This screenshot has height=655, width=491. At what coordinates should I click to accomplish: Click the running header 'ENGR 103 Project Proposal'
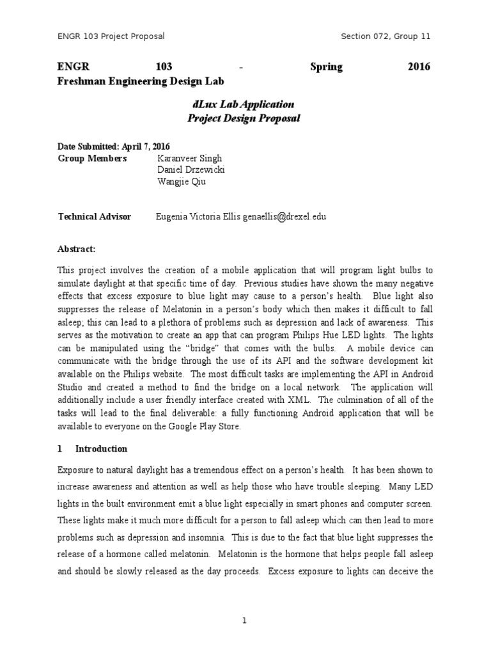pos(111,36)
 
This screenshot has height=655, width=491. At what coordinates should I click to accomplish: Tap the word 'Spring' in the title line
pos(326,67)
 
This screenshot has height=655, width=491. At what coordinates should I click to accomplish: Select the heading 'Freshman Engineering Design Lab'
pos(141,81)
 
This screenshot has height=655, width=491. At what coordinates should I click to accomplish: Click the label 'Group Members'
pos(92,159)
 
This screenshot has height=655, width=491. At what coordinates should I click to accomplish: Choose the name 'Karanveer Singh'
pos(189,159)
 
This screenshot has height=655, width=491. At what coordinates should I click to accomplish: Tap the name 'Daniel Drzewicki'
pos(191,170)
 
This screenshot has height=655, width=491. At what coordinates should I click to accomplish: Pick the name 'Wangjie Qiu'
pos(182,181)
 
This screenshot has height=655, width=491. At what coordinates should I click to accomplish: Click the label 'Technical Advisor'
pos(95,217)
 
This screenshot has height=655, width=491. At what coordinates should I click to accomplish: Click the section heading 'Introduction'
pos(102,449)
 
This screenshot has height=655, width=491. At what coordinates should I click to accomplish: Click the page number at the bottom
pos(245,620)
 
